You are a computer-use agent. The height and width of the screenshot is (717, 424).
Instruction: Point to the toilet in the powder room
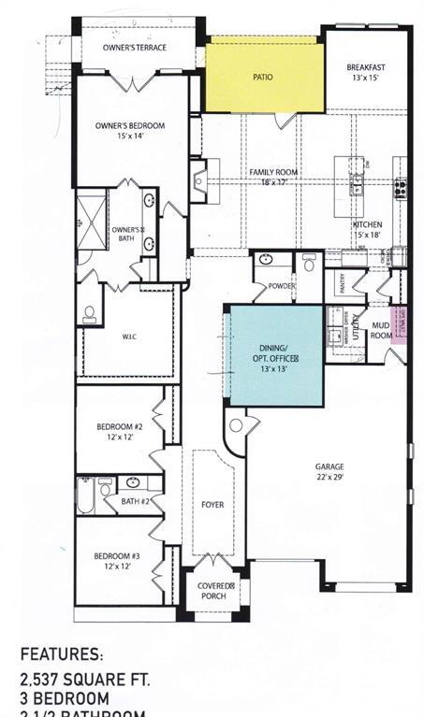pyautogui.click(x=308, y=264)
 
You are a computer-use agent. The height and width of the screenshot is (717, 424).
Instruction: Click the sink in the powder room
pyautogui.click(x=266, y=260)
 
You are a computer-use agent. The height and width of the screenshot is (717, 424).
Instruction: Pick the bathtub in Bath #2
pyautogui.click(x=84, y=495)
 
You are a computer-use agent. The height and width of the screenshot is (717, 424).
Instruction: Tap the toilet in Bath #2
pyautogui.click(x=106, y=487)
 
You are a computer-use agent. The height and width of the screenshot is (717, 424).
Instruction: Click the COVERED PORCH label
pyautogui.click(x=214, y=590)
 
